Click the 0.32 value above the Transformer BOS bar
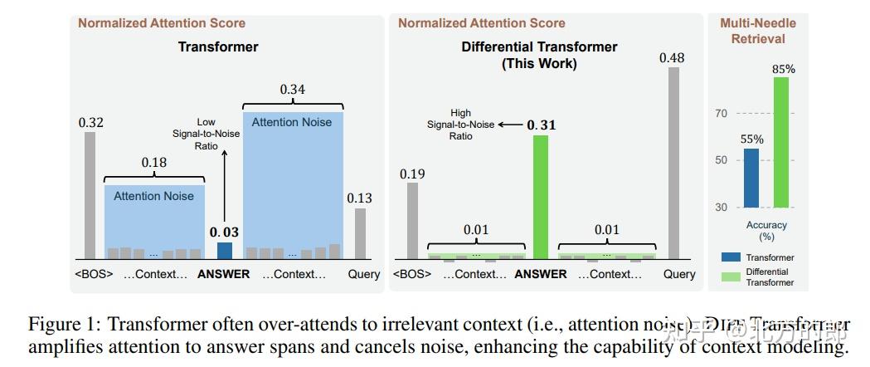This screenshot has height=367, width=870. point(91,123)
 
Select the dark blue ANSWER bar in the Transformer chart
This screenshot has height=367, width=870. point(225,251)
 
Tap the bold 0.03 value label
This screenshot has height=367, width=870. point(225,232)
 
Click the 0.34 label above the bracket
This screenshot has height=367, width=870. point(293,89)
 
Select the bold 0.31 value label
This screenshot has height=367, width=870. point(542,125)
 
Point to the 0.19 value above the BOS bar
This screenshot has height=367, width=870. point(412,174)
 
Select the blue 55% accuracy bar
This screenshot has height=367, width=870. point(751,178)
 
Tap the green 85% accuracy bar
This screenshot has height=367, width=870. point(780,142)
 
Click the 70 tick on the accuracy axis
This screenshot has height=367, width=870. point(722,114)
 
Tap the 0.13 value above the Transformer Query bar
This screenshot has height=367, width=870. point(359,198)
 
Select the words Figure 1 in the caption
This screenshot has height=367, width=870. point(62,324)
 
